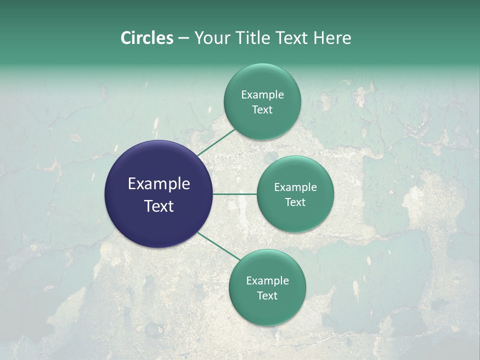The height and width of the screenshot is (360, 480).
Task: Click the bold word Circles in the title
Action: tap(146, 38)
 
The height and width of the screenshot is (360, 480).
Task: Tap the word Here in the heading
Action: tap(332, 38)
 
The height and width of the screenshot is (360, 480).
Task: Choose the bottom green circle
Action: tap(267, 310)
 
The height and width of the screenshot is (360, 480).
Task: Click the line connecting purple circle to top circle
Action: tap(216, 142)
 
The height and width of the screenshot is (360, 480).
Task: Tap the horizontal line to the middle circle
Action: tap(235, 194)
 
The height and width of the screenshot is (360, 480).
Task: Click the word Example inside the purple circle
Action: tap(159, 184)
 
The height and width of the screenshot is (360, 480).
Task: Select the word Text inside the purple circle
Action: tap(159, 206)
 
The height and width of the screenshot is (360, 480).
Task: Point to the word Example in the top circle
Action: tap(262, 95)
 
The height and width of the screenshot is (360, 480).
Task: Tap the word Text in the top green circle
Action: tap(262, 110)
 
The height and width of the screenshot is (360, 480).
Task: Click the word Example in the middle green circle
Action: tap(295, 187)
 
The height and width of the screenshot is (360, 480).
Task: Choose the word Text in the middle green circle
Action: tap(295, 202)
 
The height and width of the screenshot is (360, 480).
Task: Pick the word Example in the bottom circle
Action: tap(267, 281)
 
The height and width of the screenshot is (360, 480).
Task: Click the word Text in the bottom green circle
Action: tap(267, 295)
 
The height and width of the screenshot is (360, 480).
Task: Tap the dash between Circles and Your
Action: tap(183, 38)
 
